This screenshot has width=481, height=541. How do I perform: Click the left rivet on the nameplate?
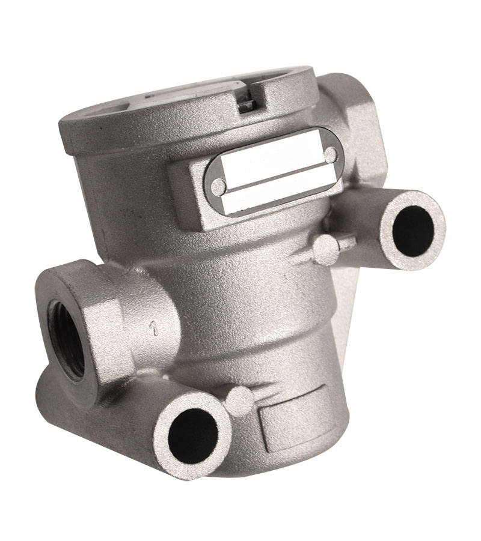click(218, 187)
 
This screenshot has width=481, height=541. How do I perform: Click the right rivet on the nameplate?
click(332, 154)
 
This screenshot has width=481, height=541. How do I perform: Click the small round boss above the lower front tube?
click(239, 402)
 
